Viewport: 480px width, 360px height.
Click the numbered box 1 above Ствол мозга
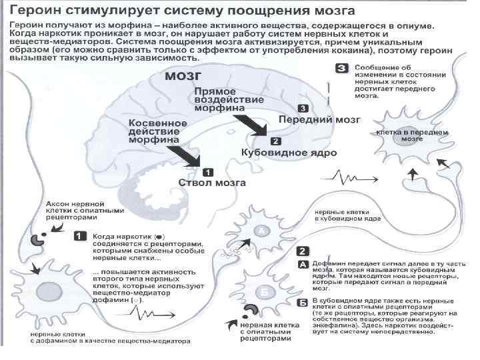pyautogui.click(x=207, y=171)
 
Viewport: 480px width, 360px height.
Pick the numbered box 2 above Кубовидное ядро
pyautogui.click(x=275, y=141)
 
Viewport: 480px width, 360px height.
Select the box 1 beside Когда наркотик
pyautogui.click(x=79, y=235)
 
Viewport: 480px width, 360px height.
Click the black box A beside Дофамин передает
pyautogui.click(x=302, y=263)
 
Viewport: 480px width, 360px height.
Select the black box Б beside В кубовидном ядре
pyautogui.click(x=302, y=301)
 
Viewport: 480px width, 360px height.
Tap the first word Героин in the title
pyautogui.click(x=38, y=11)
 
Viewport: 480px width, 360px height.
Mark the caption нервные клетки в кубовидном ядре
pyautogui.click(x=347, y=215)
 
